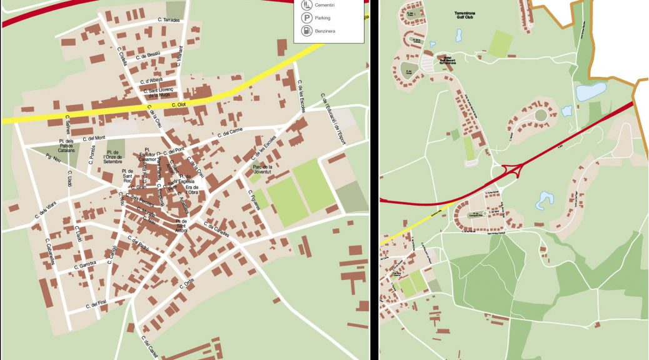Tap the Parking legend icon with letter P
point(306,18)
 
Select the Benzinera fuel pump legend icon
point(306,31)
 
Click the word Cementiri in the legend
point(324,5)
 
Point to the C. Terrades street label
point(169,21)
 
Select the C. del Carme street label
point(229,132)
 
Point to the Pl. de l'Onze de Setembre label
point(113,157)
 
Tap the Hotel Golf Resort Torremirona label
point(448,59)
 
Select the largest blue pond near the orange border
point(591,92)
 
